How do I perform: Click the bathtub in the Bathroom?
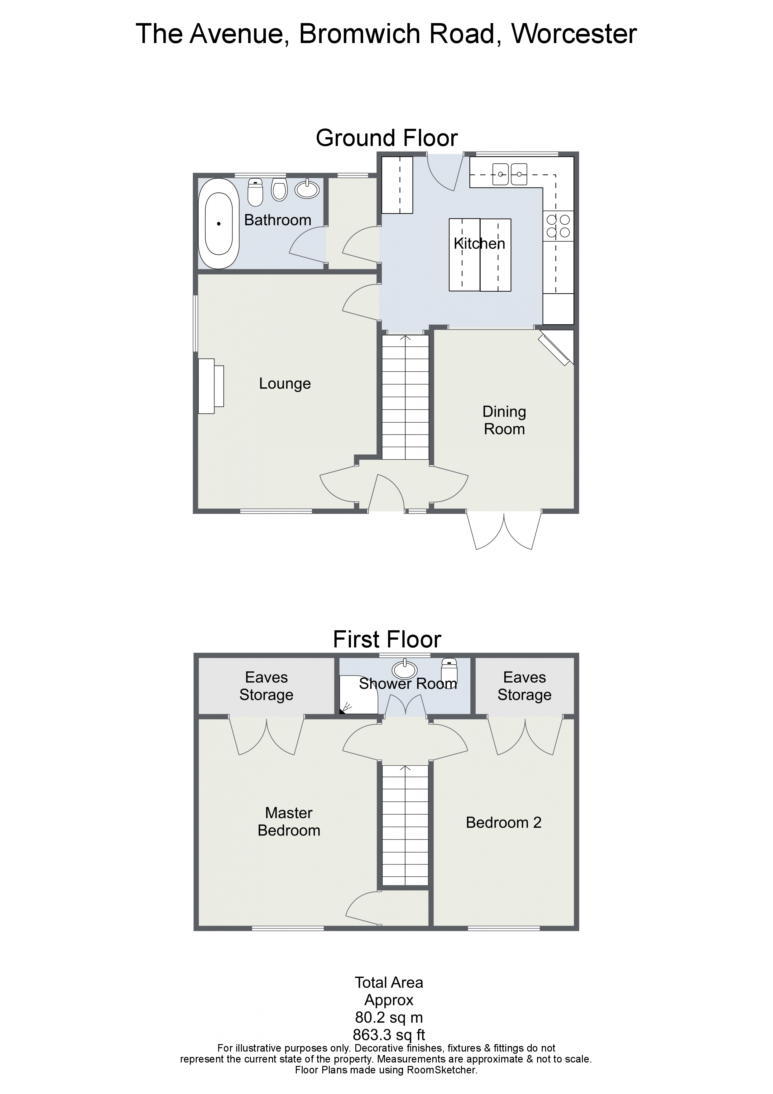(x=218, y=224)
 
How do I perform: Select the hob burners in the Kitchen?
(x=558, y=226)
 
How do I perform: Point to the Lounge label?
(x=285, y=384)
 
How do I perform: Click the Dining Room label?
(x=504, y=420)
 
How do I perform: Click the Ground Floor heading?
(x=387, y=138)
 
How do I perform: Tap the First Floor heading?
(x=387, y=639)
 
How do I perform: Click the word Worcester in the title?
(x=574, y=34)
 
